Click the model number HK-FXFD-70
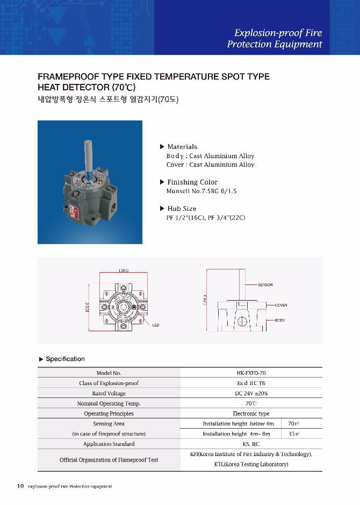(x=251, y=373)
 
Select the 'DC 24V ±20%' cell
(x=251, y=393)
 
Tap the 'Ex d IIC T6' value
(x=251, y=383)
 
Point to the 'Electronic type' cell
(x=251, y=414)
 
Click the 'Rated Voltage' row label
(x=109, y=393)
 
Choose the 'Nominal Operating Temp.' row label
(x=109, y=403)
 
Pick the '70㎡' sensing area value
(x=294, y=424)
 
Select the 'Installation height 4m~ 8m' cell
(x=236, y=433)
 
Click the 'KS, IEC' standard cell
(x=251, y=444)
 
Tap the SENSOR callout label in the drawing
(x=265, y=284)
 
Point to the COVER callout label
(x=280, y=305)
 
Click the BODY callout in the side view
(x=279, y=320)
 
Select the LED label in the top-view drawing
(x=156, y=325)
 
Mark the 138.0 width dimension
(x=123, y=271)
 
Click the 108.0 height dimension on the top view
(x=88, y=309)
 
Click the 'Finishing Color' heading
(x=192, y=182)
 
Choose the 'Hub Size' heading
(x=182, y=208)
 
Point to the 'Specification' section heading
(x=65, y=359)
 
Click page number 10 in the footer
(x=20, y=486)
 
